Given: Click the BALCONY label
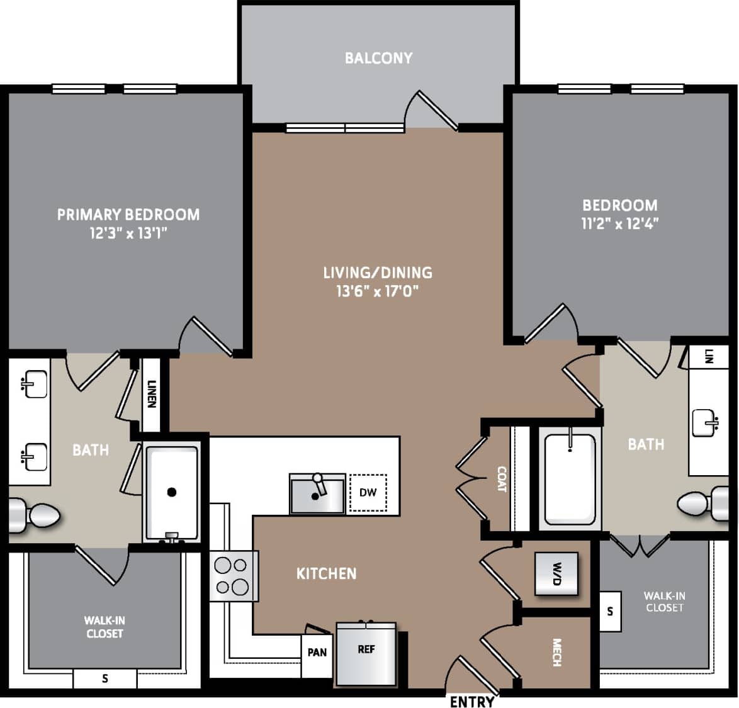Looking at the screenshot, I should pyautogui.click(x=378, y=58).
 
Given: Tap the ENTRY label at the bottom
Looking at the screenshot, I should pyautogui.click(x=471, y=701).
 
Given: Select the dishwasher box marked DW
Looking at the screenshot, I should pyautogui.click(x=368, y=492).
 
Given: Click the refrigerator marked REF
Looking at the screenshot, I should pyautogui.click(x=366, y=653).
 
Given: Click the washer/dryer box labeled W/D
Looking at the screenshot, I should pyautogui.click(x=556, y=573).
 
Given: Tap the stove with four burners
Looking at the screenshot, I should pyautogui.click(x=232, y=576).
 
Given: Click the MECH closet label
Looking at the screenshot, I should pyautogui.click(x=556, y=653).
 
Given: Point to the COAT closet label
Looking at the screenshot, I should pyautogui.click(x=502, y=479).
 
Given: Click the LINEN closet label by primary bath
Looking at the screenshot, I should pyautogui.click(x=151, y=394).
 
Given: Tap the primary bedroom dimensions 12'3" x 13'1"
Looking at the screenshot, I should pyautogui.click(x=128, y=233).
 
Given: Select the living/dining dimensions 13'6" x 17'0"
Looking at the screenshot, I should pyautogui.click(x=377, y=291).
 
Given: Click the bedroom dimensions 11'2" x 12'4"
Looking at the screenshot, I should pyautogui.click(x=619, y=223).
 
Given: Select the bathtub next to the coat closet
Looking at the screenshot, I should pyautogui.click(x=570, y=479).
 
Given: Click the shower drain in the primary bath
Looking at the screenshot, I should pyautogui.click(x=172, y=492).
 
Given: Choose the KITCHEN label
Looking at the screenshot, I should pyautogui.click(x=326, y=573).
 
